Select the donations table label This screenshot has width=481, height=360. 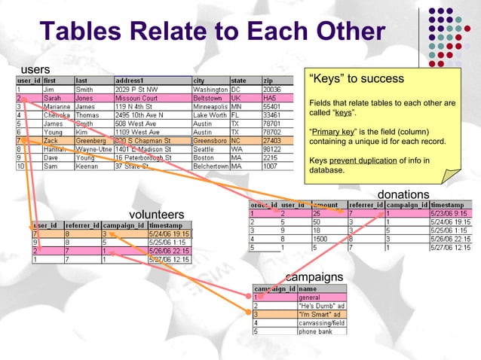point(403,194)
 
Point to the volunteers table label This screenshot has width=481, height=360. point(157,215)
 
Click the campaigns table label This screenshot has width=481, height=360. point(314,277)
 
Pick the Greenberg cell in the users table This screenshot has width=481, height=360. point(92,141)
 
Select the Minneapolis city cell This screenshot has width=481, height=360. point(210,108)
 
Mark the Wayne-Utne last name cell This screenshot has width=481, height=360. point(93,149)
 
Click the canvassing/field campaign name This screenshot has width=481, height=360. point(322,322)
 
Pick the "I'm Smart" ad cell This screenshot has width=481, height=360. point(320,314)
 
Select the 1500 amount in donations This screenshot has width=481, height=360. point(320,239)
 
